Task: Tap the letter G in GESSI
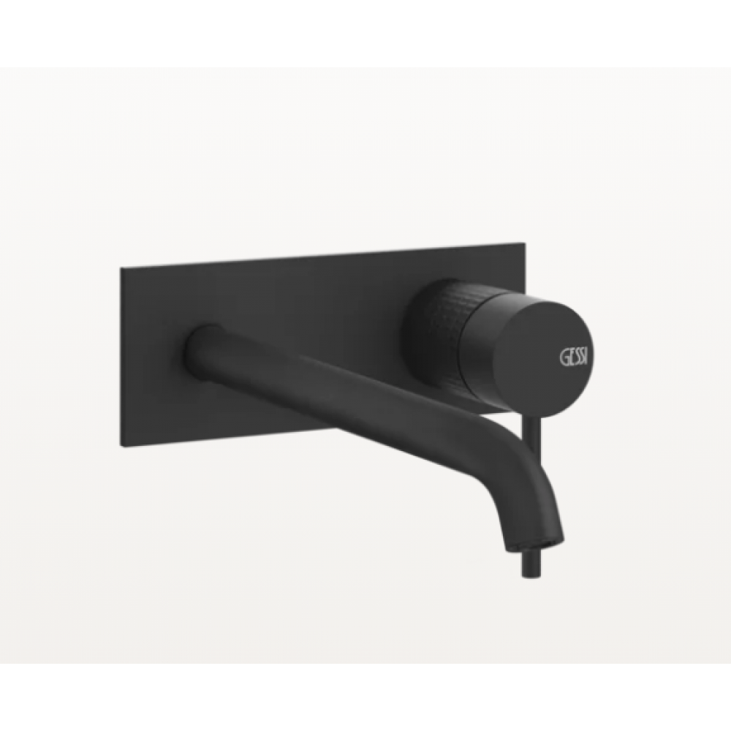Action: point(563,357)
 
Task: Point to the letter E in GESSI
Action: point(569,357)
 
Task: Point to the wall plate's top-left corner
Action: point(121,269)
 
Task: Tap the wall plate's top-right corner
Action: point(523,242)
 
